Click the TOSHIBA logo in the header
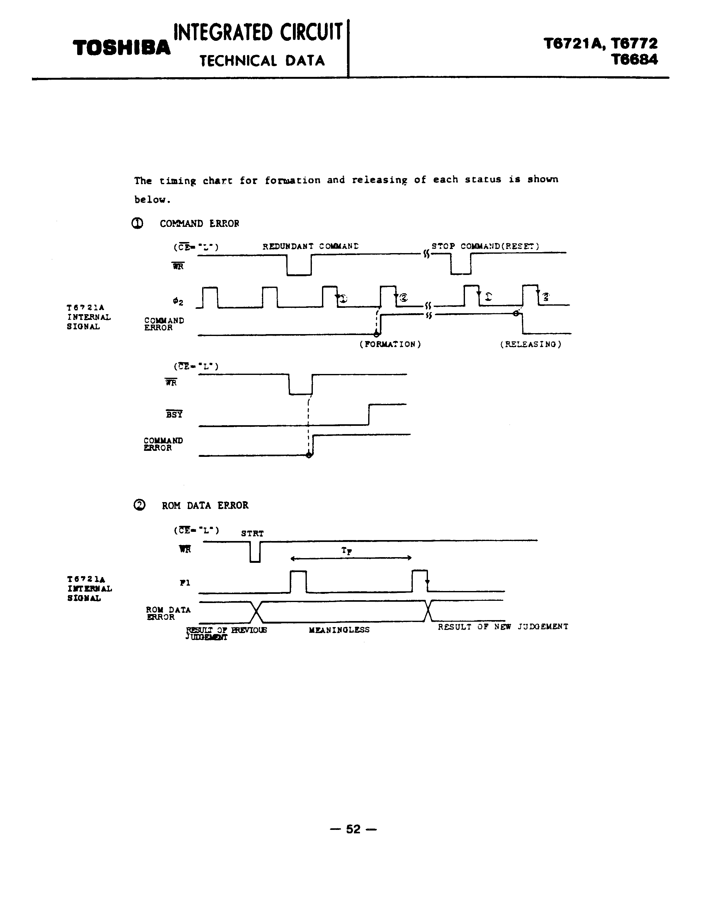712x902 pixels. click(x=122, y=48)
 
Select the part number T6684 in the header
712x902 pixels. click(x=635, y=59)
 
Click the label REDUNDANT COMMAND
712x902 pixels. click(x=311, y=246)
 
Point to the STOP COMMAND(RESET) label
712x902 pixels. click(x=485, y=246)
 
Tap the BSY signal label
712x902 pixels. click(x=174, y=414)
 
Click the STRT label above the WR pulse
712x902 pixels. click(x=252, y=533)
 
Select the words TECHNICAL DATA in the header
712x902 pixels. click(x=262, y=61)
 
